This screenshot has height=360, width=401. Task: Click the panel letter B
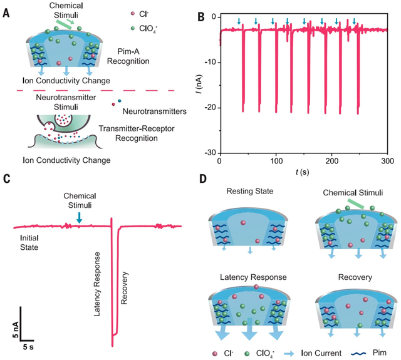[x=201, y=17]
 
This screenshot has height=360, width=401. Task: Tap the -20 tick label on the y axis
[x=211, y=108]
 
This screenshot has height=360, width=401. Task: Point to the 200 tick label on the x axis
[x=331, y=161]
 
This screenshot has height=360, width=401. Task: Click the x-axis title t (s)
[x=302, y=172]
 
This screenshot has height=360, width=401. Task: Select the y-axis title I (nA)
[x=200, y=84]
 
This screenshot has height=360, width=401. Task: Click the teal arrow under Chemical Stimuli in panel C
[x=80, y=217]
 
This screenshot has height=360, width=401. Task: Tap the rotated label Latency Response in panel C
[x=97, y=284]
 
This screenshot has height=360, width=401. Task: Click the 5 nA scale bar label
[x=16, y=329]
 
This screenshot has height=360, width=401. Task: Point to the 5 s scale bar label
[x=28, y=347]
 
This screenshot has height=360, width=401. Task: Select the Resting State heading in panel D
[x=250, y=191]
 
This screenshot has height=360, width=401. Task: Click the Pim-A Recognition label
[x=128, y=56]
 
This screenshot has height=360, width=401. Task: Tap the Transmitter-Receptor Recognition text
[x=137, y=133]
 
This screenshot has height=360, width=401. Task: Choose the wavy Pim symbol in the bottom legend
[x=359, y=353]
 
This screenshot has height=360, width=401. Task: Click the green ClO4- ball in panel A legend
[x=132, y=29]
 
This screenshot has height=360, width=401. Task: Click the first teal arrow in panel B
[x=239, y=21]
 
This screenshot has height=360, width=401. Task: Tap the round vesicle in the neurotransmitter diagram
[x=63, y=119]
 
